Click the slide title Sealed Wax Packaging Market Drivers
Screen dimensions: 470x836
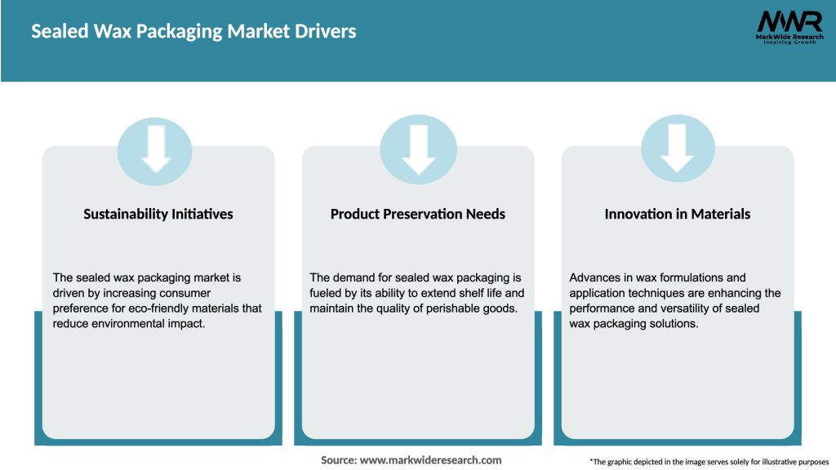coord(193,32)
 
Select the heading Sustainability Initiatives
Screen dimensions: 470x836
coord(158,214)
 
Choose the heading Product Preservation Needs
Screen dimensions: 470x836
coord(418,214)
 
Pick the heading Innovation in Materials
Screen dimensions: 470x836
coord(678,214)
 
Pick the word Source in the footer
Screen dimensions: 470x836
coord(338,460)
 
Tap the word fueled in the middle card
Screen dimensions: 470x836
coord(327,293)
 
